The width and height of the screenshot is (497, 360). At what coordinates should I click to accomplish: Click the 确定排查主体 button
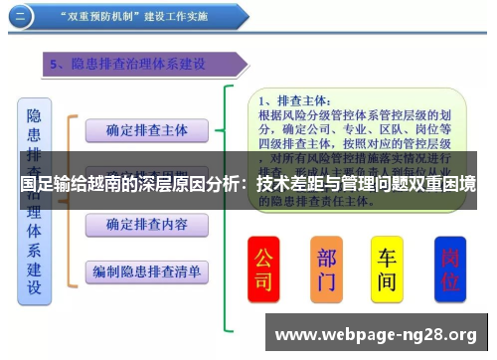coord(146,130)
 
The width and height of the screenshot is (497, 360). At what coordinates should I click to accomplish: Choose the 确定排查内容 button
coord(146,225)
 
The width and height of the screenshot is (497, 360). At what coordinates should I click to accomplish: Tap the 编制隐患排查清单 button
coord(146,270)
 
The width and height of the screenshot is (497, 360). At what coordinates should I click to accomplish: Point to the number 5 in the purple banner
coord(57,65)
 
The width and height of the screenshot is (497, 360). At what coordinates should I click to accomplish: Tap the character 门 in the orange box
coord(327,282)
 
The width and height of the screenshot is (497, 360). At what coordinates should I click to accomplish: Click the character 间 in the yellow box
coord(388,282)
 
